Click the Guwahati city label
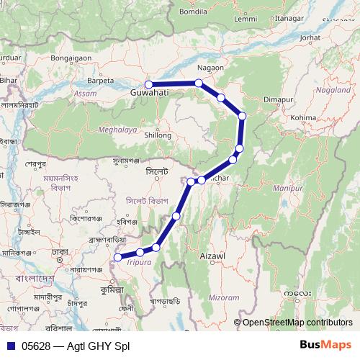tap(150, 94)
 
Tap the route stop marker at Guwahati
tap(149, 84)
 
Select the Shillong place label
tap(158, 135)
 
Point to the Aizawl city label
tap(212, 256)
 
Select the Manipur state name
tap(287, 188)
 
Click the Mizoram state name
tap(224, 297)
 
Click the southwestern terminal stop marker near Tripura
tap(118, 257)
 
